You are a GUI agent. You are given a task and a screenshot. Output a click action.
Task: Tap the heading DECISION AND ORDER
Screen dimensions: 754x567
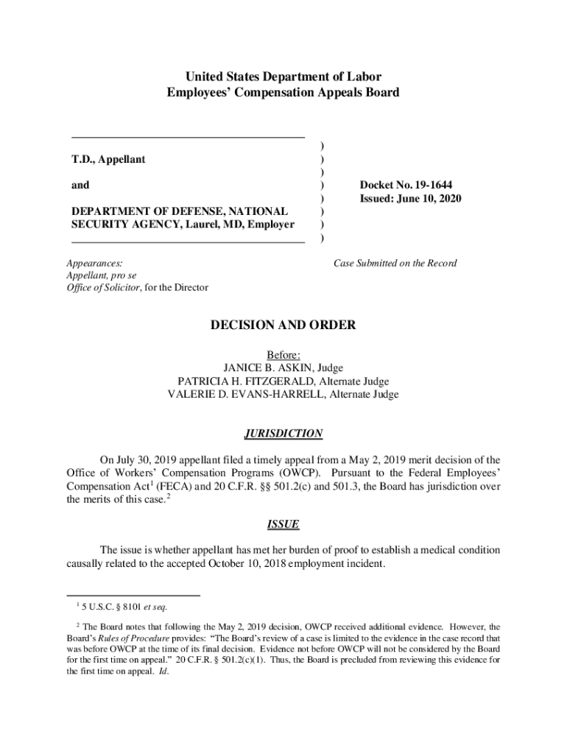[283, 325]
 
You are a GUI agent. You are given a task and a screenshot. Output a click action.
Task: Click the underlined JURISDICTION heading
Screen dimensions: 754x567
[283, 434]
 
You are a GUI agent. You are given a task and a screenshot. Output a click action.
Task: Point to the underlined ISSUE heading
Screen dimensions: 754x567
[283, 525]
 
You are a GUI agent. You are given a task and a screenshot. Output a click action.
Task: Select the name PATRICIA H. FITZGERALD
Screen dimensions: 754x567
[244, 381]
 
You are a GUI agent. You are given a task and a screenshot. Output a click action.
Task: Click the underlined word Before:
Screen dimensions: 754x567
[283, 355]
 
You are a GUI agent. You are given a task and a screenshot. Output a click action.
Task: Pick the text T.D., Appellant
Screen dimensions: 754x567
[108, 159]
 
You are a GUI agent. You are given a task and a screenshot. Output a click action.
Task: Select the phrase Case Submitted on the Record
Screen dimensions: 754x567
[395, 263]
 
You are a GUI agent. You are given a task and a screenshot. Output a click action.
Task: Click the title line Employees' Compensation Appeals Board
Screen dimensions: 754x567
[283, 93]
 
